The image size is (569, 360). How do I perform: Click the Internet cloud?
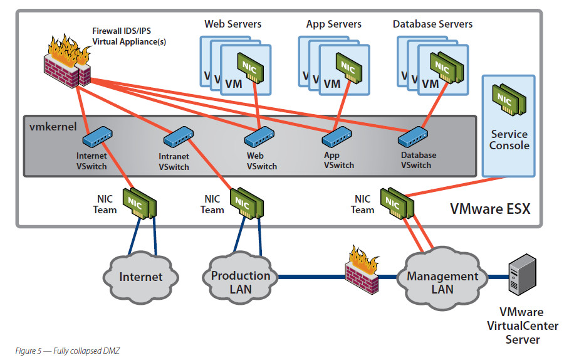tap(141, 275)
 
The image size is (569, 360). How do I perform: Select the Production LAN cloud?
tap(240, 282)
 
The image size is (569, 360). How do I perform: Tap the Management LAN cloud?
tap(442, 281)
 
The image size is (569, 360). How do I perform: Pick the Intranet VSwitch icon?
tap(179, 135)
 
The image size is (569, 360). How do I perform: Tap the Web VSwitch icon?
tap(259, 135)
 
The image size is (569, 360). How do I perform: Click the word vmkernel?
tap(53, 126)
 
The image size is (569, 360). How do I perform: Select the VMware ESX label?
tap(490, 209)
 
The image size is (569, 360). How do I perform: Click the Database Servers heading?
tap(432, 24)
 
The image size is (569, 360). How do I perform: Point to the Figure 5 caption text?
tap(67, 351)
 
